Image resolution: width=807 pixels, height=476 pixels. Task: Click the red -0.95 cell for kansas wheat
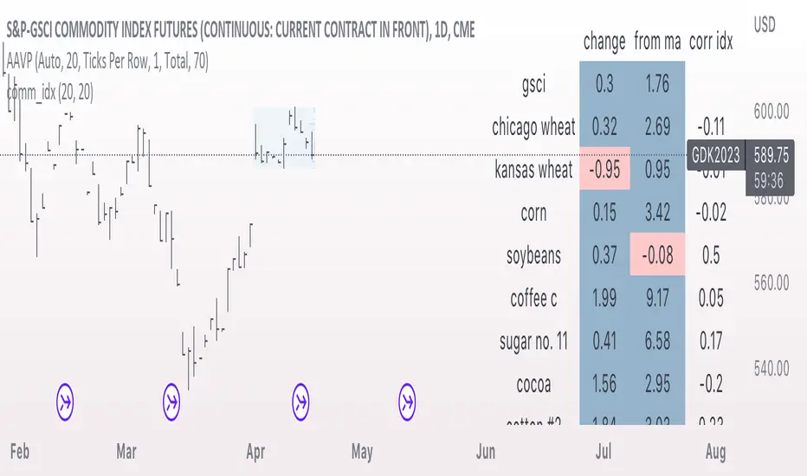tap(604, 170)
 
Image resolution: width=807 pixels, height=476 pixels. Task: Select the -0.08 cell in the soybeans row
tap(657, 255)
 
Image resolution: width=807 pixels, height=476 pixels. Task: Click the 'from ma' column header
tap(657, 42)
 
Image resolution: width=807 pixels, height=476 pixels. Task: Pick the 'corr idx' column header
tap(712, 42)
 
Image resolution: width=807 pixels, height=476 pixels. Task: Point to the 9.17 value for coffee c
tap(657, 299)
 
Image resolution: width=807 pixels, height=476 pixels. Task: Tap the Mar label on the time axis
tap(126, 451)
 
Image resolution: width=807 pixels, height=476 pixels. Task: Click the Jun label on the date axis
tap(485, 451)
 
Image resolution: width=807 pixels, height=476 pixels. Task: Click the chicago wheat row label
tap(533, 127)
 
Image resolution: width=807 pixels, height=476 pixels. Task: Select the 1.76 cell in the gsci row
tap(657, 84)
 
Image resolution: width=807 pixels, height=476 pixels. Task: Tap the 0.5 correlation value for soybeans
tap(712, 255)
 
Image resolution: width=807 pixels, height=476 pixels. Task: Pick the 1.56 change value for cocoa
tap(604, 384)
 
